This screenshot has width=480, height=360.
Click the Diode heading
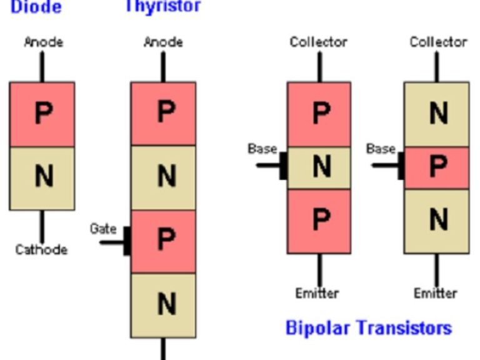click(36, 7)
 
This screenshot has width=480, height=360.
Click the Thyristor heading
click(162, 6)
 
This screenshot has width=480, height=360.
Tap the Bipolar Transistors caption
click(368, 327)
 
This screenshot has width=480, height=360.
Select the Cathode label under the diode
click(41, 249)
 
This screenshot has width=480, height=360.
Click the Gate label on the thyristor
click(103, 229)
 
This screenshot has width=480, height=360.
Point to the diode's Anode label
click(43, 42)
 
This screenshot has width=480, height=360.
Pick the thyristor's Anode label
click(163, 42)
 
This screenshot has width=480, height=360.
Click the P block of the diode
click(42, 114)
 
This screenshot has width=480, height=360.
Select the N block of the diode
click(42, 178)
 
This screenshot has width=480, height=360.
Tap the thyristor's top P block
click(163, 114)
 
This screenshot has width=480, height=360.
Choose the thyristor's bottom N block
click(163, 305)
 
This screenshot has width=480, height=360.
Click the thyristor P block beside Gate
click(163, 241)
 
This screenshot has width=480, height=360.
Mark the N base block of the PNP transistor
click(319, 167)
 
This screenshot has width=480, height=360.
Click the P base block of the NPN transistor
click(436, 167)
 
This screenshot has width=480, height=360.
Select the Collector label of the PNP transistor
click(318, 42)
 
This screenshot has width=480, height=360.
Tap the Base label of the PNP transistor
click(262, 149)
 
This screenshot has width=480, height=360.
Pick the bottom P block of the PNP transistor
click(319, 221)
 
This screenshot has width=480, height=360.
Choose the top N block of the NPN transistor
click(436, 114)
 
